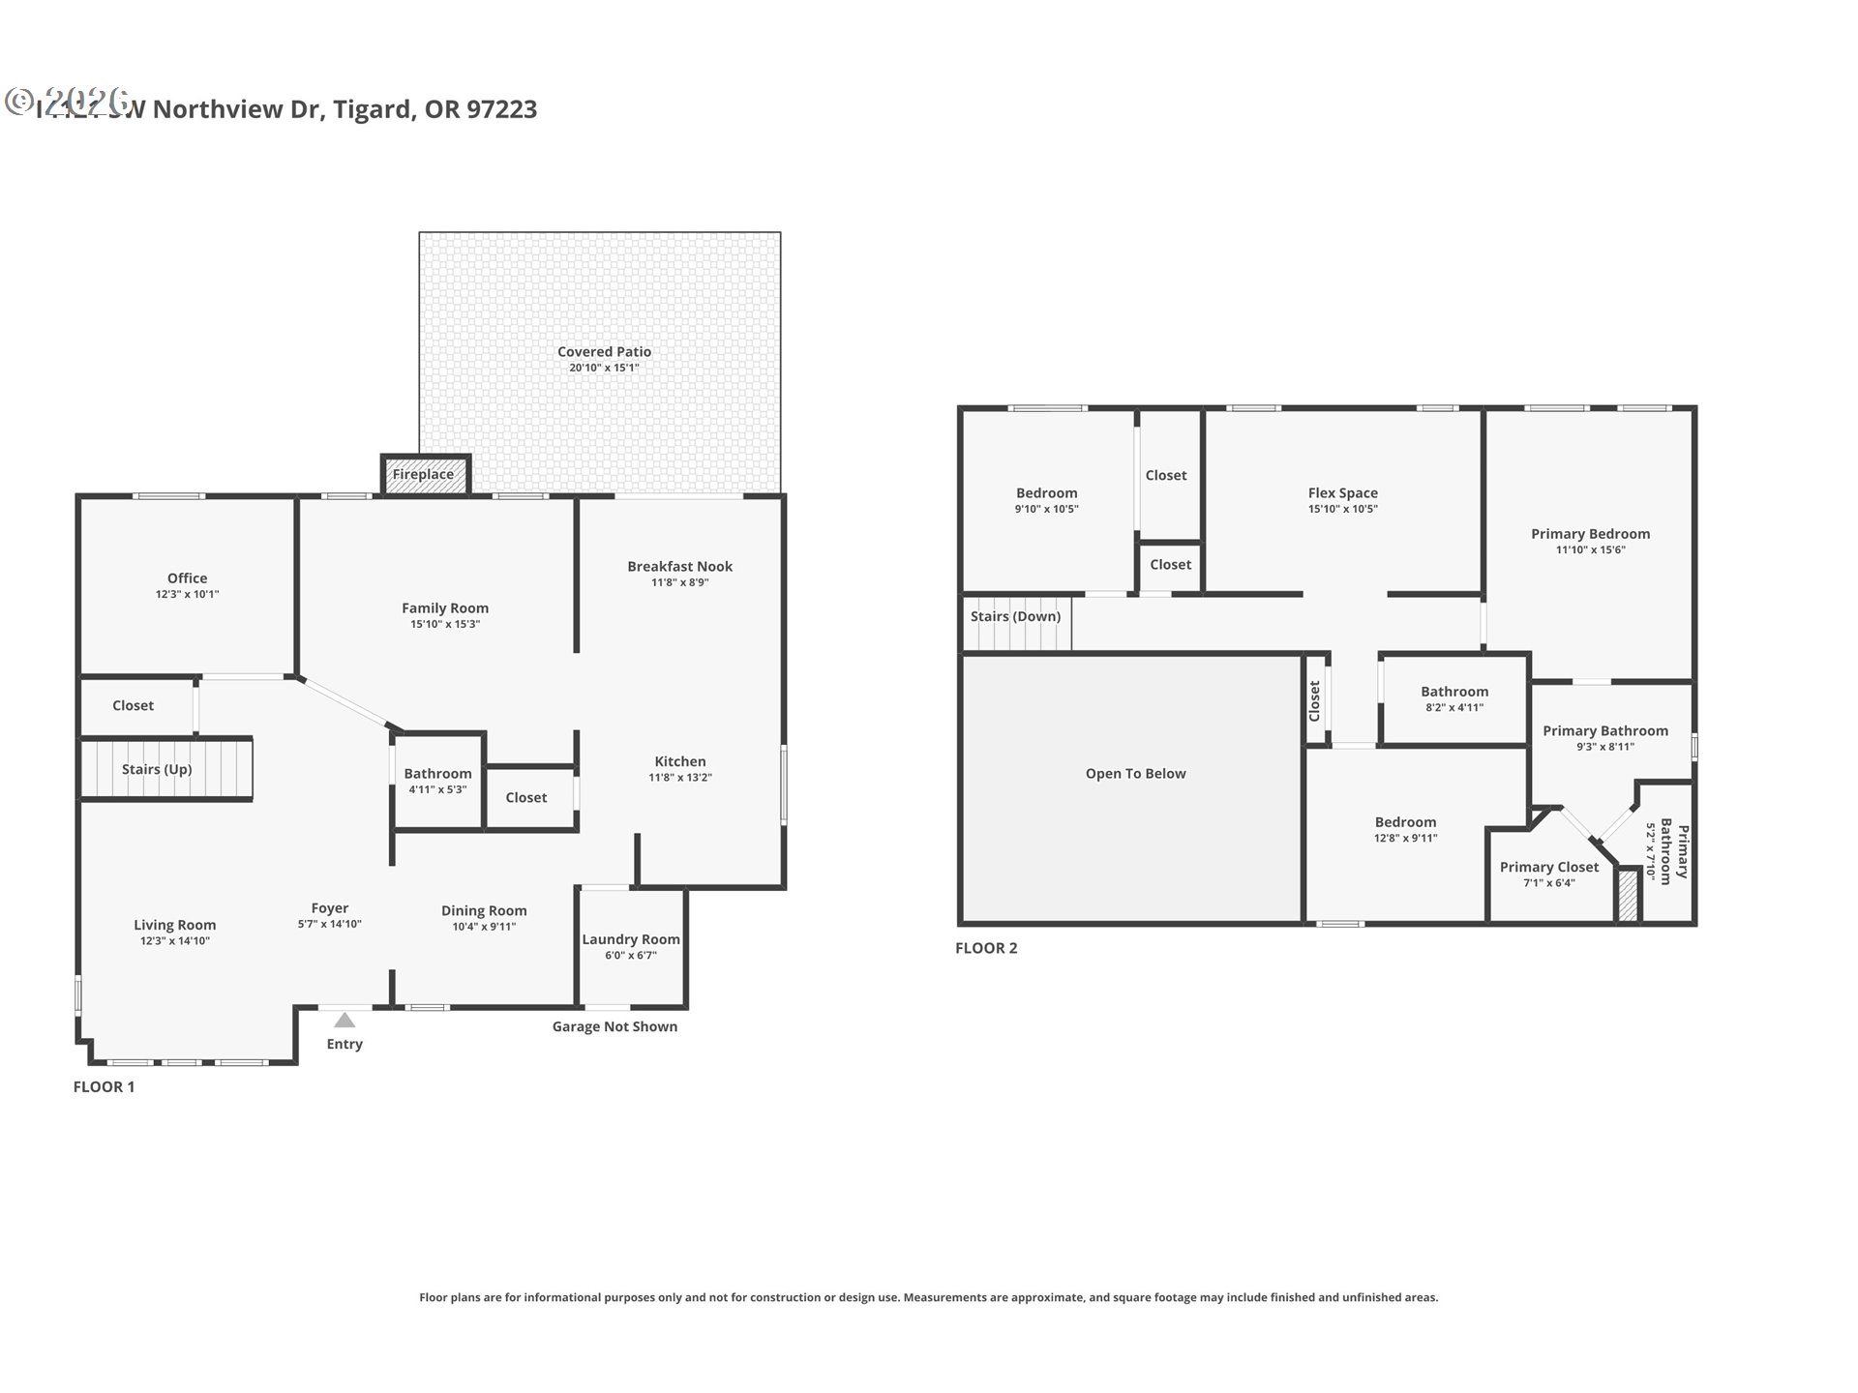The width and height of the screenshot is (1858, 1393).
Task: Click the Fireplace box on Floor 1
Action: pos(424,475)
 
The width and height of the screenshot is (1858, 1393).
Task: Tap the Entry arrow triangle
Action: pos(345,1021)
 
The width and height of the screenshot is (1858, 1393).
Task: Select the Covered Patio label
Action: pos(604,352)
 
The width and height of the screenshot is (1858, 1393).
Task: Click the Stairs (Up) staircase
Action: pos(165,769)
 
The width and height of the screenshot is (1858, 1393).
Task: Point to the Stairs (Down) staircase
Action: pos(1016,624)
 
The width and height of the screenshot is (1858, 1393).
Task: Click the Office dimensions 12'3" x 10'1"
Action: pos(187,595)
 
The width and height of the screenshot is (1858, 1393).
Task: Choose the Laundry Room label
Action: pos(631,939)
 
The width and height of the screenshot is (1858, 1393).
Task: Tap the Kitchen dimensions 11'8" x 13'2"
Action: pos(680,778)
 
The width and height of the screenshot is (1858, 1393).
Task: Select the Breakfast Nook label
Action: pos(679,567)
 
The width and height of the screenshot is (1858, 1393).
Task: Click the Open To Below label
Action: pos(1135,774)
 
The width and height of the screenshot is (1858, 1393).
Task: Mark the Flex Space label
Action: pos(1342,493)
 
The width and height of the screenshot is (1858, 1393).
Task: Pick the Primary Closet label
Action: pos(1548,868)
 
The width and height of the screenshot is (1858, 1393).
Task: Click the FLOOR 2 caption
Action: pos(986,948)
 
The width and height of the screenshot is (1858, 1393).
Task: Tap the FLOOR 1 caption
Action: pos(104,1086)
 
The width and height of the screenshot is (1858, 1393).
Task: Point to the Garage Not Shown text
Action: pos(614,1026)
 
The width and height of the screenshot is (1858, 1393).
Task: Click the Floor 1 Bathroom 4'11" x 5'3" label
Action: pos(437,774)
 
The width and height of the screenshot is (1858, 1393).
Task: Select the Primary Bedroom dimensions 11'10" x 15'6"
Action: pos(1590,550)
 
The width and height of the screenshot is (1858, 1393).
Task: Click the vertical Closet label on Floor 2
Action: pos(1314,700)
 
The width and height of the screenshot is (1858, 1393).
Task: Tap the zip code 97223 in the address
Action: pos(501,109)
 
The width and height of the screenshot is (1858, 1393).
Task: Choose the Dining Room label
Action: pos(484,911)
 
